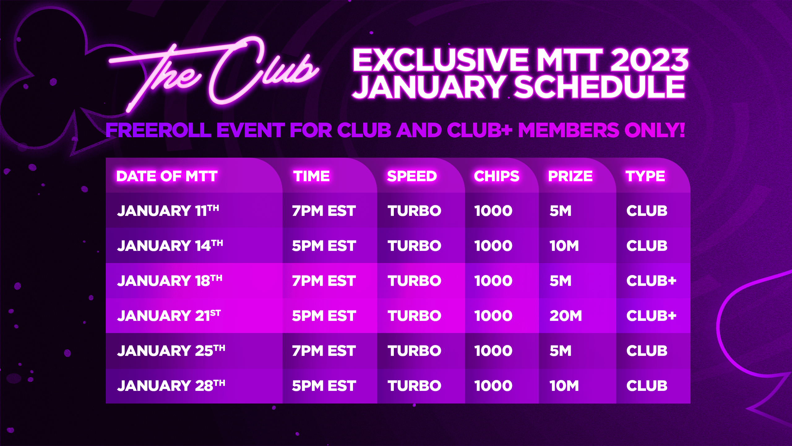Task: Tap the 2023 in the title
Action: point(649,60)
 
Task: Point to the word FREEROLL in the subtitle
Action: point(158,130)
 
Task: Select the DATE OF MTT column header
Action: point(167,176)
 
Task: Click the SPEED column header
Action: point(412,176)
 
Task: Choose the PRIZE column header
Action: point(570,176)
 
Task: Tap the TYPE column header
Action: point(645,176)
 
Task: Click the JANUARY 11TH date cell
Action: point(168,211)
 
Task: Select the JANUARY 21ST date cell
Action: point(169,316)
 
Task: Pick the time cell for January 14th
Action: point(324,246)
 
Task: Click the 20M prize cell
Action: point(566,316)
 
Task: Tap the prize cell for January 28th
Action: point(564,386)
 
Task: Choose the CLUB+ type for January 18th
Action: point(651,281)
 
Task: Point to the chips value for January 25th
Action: point(493,351)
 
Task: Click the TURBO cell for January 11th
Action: point(415,211)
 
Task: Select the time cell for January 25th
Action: point(324,351)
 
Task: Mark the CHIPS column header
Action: point(497,176)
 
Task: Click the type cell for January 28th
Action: point(647,386)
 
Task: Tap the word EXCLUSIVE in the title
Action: point(441,60)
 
